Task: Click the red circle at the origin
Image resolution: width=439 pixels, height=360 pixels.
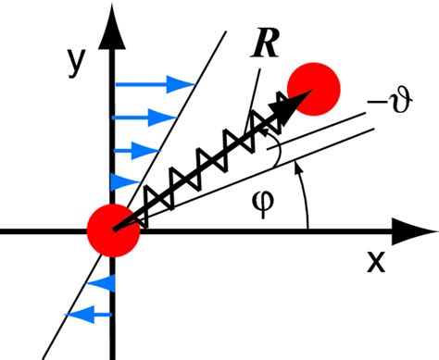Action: (x=113, y=230)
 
